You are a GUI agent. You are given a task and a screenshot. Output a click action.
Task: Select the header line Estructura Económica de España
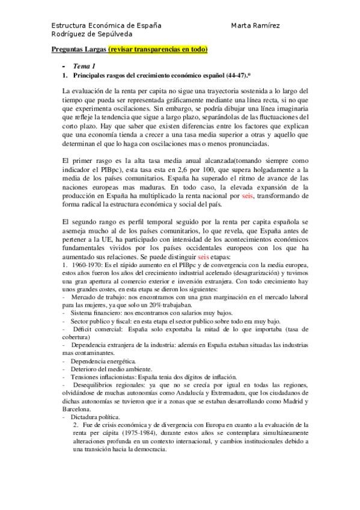coord(106,25)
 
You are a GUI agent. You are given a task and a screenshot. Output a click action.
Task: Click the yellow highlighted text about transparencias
coord(158,49)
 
